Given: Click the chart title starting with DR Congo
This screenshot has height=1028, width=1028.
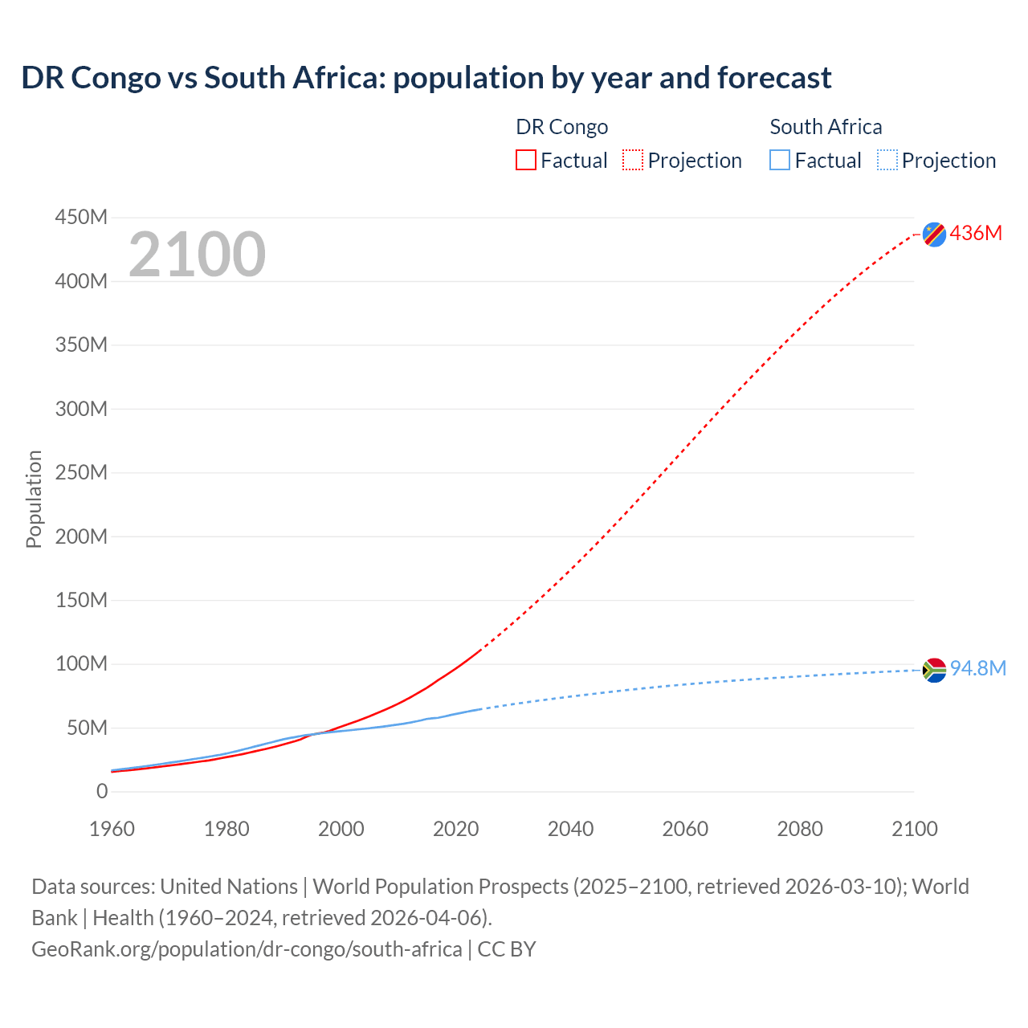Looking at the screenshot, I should click(x=426, y=78).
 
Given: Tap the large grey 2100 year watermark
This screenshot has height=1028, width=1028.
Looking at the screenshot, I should click(x=197, y=255).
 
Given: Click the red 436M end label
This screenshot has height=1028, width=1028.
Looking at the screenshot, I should click(x=976, y=234).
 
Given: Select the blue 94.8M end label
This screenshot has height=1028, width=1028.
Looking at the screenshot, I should click(x=977, y=669).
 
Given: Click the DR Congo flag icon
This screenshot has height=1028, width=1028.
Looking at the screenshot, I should click(x=934, y=234).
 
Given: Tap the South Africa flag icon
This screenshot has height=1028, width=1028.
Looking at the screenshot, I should click(x=934, y=670).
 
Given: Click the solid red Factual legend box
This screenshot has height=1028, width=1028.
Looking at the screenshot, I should click(x=526, y=161).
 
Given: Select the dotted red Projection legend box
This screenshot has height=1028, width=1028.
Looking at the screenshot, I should click(x=633, y=161).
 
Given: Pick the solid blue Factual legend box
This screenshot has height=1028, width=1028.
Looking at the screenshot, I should click(x=780, y=161).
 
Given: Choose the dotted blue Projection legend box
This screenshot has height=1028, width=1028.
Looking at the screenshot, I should click(x=887, y=161).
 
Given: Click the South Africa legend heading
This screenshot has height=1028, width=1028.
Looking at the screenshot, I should click(x=826, y=127).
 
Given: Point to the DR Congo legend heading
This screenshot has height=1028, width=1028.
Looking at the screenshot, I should click(x=561, y=127).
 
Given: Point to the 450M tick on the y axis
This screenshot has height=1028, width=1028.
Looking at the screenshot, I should click(x=81, y=218).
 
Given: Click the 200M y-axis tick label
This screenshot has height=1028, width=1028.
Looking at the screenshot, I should click(x=81, y=536).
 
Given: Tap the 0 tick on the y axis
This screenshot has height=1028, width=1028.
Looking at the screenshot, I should click(x=102, y=792).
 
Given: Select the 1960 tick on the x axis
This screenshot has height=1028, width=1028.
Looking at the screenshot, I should click(x=112, y=829).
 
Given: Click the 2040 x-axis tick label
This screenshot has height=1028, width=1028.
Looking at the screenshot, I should click(x=570, y=829).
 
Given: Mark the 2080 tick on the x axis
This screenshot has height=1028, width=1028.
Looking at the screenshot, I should click(x=800, y=829).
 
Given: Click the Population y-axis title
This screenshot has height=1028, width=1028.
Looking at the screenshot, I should click(x=34, y=499).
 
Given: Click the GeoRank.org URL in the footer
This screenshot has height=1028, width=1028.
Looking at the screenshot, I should click(x=247, y=949).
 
